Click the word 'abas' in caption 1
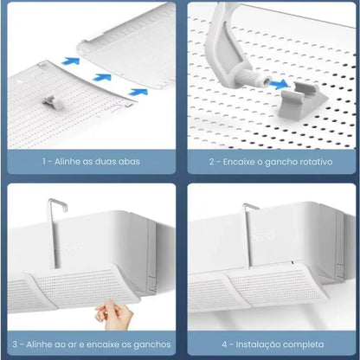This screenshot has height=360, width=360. pos(128,162)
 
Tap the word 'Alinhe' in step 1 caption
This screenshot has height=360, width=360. pos(67,162)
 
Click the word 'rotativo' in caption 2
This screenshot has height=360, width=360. pos(316,162)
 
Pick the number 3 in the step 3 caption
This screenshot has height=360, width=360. pos(15,344)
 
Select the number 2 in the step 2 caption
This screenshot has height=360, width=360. pos(212,162)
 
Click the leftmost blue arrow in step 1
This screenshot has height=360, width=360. pos(70,61)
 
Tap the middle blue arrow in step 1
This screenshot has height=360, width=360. pos(102,77)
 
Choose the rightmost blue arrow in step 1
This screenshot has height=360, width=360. pos(138,92)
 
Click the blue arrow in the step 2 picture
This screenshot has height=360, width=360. pos(279,85)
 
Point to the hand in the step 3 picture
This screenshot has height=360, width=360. pos(113,314)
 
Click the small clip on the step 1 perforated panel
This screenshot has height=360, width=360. pos(53,103)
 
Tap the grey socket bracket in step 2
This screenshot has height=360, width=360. pos(301,100)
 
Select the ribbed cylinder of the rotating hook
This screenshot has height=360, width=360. pos(248,79)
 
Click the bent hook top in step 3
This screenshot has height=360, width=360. pos(58,202)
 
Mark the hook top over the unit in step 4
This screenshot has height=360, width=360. pos(250,206)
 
